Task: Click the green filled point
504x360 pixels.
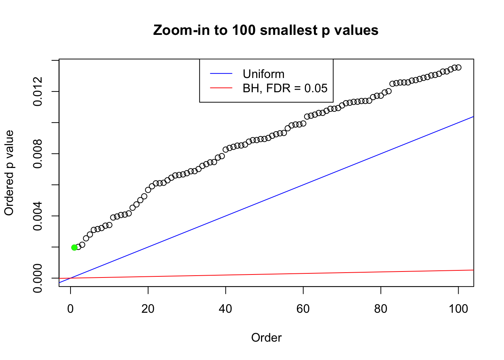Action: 74,247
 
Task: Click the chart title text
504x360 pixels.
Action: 266,30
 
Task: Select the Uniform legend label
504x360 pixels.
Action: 263,74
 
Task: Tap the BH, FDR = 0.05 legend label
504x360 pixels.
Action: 285,88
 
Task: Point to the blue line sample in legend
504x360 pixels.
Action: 221,74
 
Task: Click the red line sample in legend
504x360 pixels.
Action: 221,88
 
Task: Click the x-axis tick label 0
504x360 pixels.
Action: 70,309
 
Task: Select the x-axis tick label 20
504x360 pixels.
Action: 148,309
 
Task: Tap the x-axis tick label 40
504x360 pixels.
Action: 226,309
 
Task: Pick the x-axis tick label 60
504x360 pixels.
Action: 303,309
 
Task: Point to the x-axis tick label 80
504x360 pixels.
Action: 381,309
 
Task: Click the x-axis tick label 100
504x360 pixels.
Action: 458,309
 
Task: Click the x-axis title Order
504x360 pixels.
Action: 266,337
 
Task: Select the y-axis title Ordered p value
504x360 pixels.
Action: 9,173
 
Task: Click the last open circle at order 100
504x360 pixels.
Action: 458,67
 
